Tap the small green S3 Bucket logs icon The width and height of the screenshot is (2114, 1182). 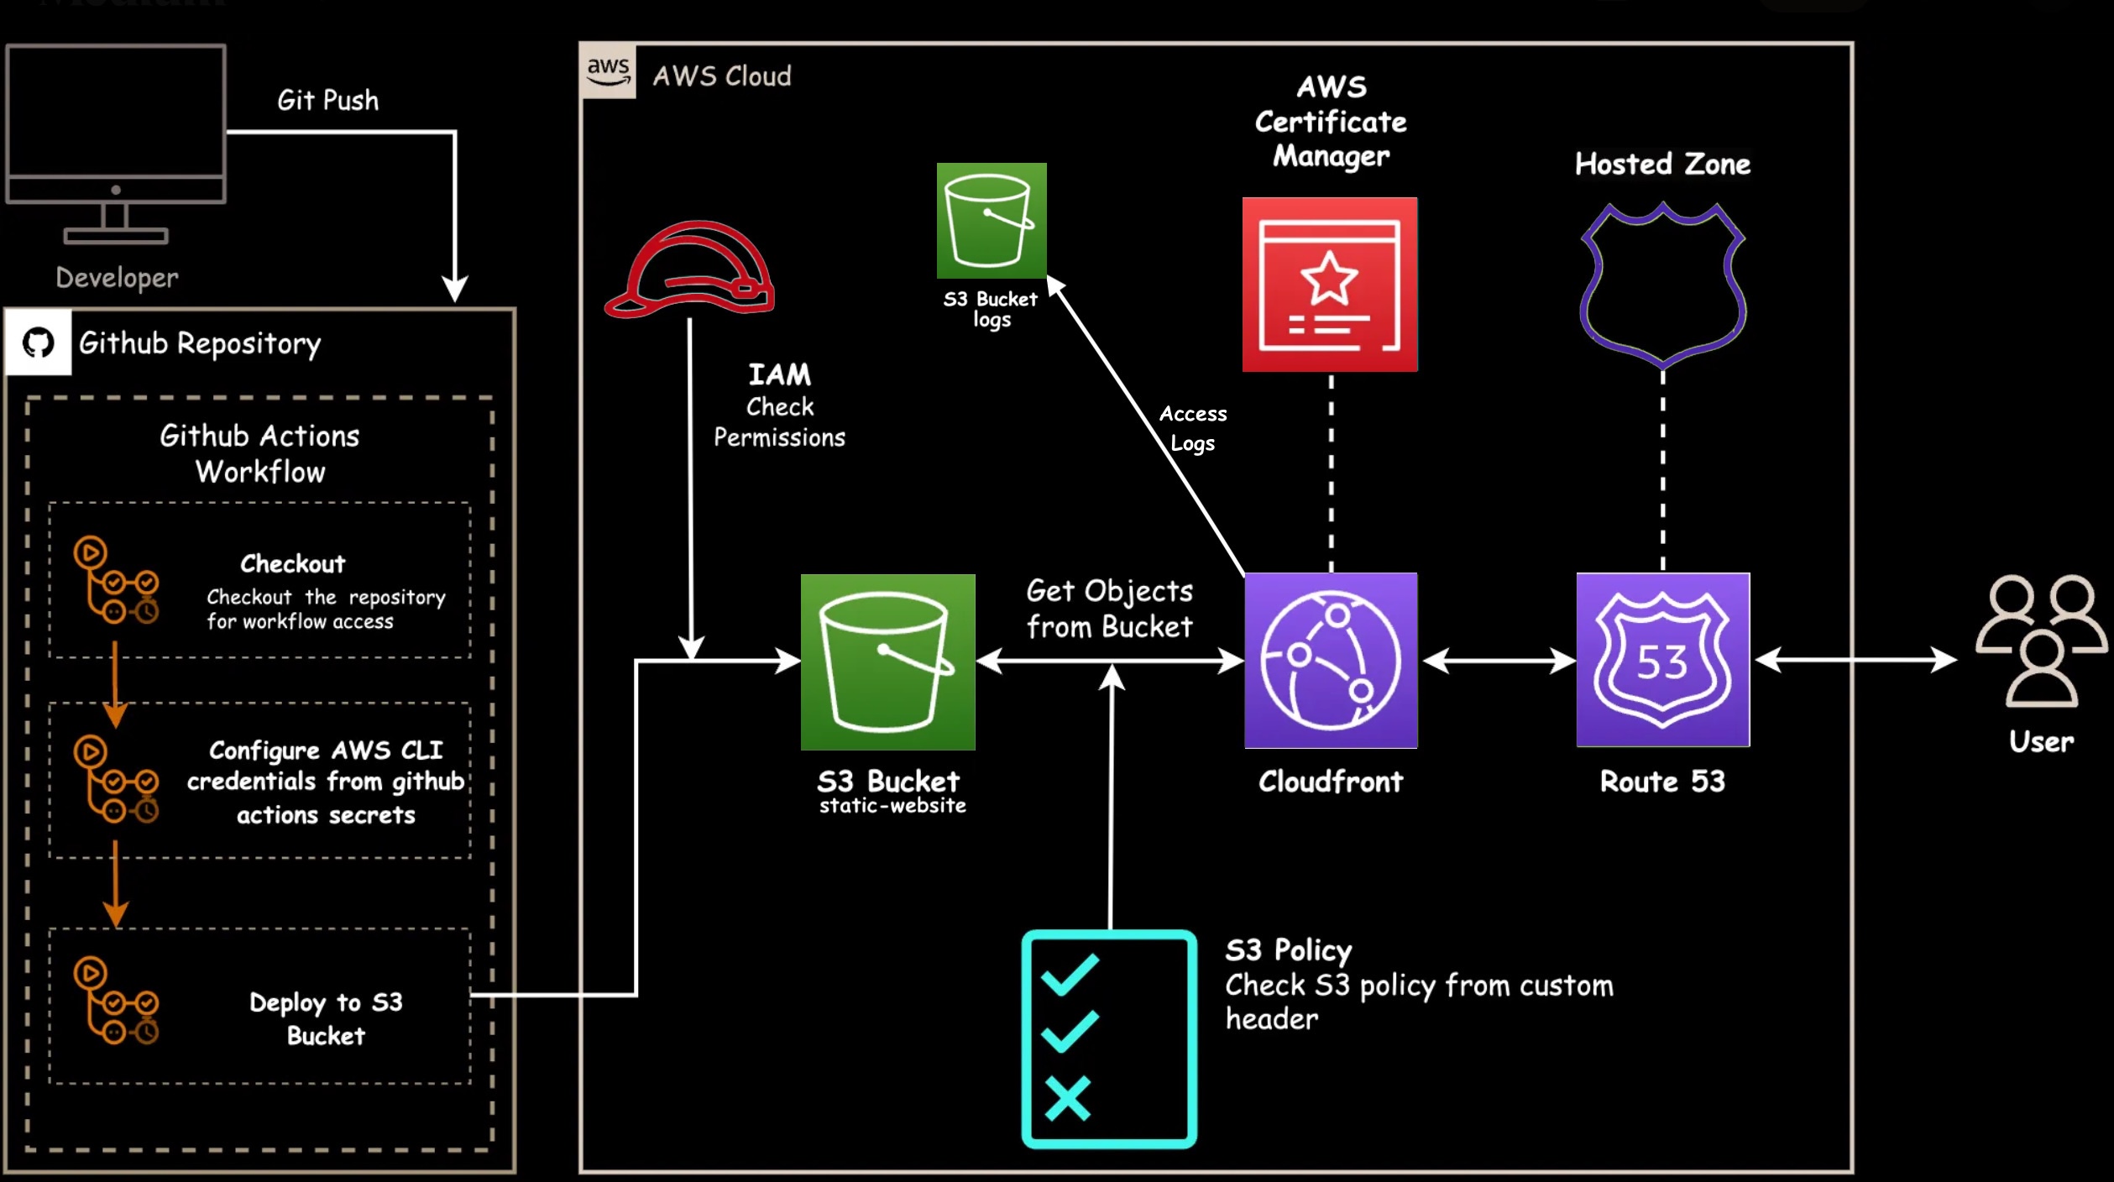pyautogui.click(x=992, y=220)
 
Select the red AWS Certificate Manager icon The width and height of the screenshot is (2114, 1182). pyautogui.click(x=1330, y=285)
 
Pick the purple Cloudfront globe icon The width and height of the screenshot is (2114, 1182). pyautogui.click(x=1331, y=661)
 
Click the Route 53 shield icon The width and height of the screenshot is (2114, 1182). pyautogui.click(x=1662, y=660)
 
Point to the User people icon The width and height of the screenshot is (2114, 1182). pyautogui.click(x=2041, y=641)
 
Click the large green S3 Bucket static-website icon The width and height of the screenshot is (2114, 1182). pyautogui.click(x=887, y=662)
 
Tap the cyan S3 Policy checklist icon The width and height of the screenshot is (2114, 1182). pyautogui.click(x=1108, y=1038)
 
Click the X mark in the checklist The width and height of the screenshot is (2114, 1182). pyautogui.click(x=1067, y=1098)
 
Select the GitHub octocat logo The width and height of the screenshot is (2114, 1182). pyautogui.click(x=38, y=343)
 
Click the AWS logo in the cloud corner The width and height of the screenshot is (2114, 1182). pyautogui.click(x=608, y=71)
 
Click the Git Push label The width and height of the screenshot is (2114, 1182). pyautogui.click(x=327, y=101)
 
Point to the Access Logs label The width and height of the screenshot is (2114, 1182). pyautogui.click(x=1192, y=428)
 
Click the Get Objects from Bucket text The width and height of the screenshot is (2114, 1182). pyautogui.click(x=1109, y=609)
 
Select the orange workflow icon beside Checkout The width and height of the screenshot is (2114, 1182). pyautogui.click(x=116, y=580)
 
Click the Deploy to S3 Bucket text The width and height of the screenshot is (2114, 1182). pyautogui.click(x=326, y=1018)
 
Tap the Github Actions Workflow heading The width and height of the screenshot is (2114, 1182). pyautogui.click(x=259, y=453)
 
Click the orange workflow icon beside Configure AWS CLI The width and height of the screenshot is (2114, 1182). pyautogui.click(x=116, y=779)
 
